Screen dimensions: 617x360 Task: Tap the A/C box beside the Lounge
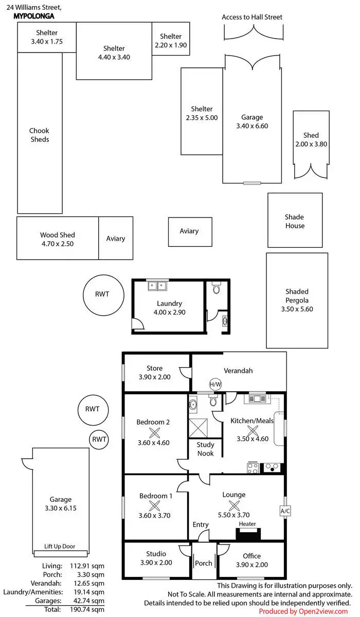click(285, 511)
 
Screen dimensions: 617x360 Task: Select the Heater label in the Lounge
click(247, 524)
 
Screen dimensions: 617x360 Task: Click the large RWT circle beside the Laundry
click(103, 295)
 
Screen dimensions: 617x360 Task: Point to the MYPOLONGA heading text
click(34, 16)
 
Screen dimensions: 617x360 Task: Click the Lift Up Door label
click(60, 547)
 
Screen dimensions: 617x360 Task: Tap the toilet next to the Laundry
click(216, 288)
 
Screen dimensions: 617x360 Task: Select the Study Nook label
click(206, 449)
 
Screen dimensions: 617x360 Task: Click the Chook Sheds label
click(39, 135)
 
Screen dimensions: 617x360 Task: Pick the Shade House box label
click(295, 221)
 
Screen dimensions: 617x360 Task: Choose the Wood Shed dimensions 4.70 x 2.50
click(57, 244)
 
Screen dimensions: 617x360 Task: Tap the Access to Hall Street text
click(252, 17)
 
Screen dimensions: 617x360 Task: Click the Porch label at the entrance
click(204, 563)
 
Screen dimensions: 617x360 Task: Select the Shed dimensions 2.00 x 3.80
click(311, 144)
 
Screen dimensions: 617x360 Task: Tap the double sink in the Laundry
click(156, 285)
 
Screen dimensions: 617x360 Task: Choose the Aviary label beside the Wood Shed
click(116, 239)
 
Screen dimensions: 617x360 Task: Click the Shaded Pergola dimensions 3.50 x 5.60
click(297, 309)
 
